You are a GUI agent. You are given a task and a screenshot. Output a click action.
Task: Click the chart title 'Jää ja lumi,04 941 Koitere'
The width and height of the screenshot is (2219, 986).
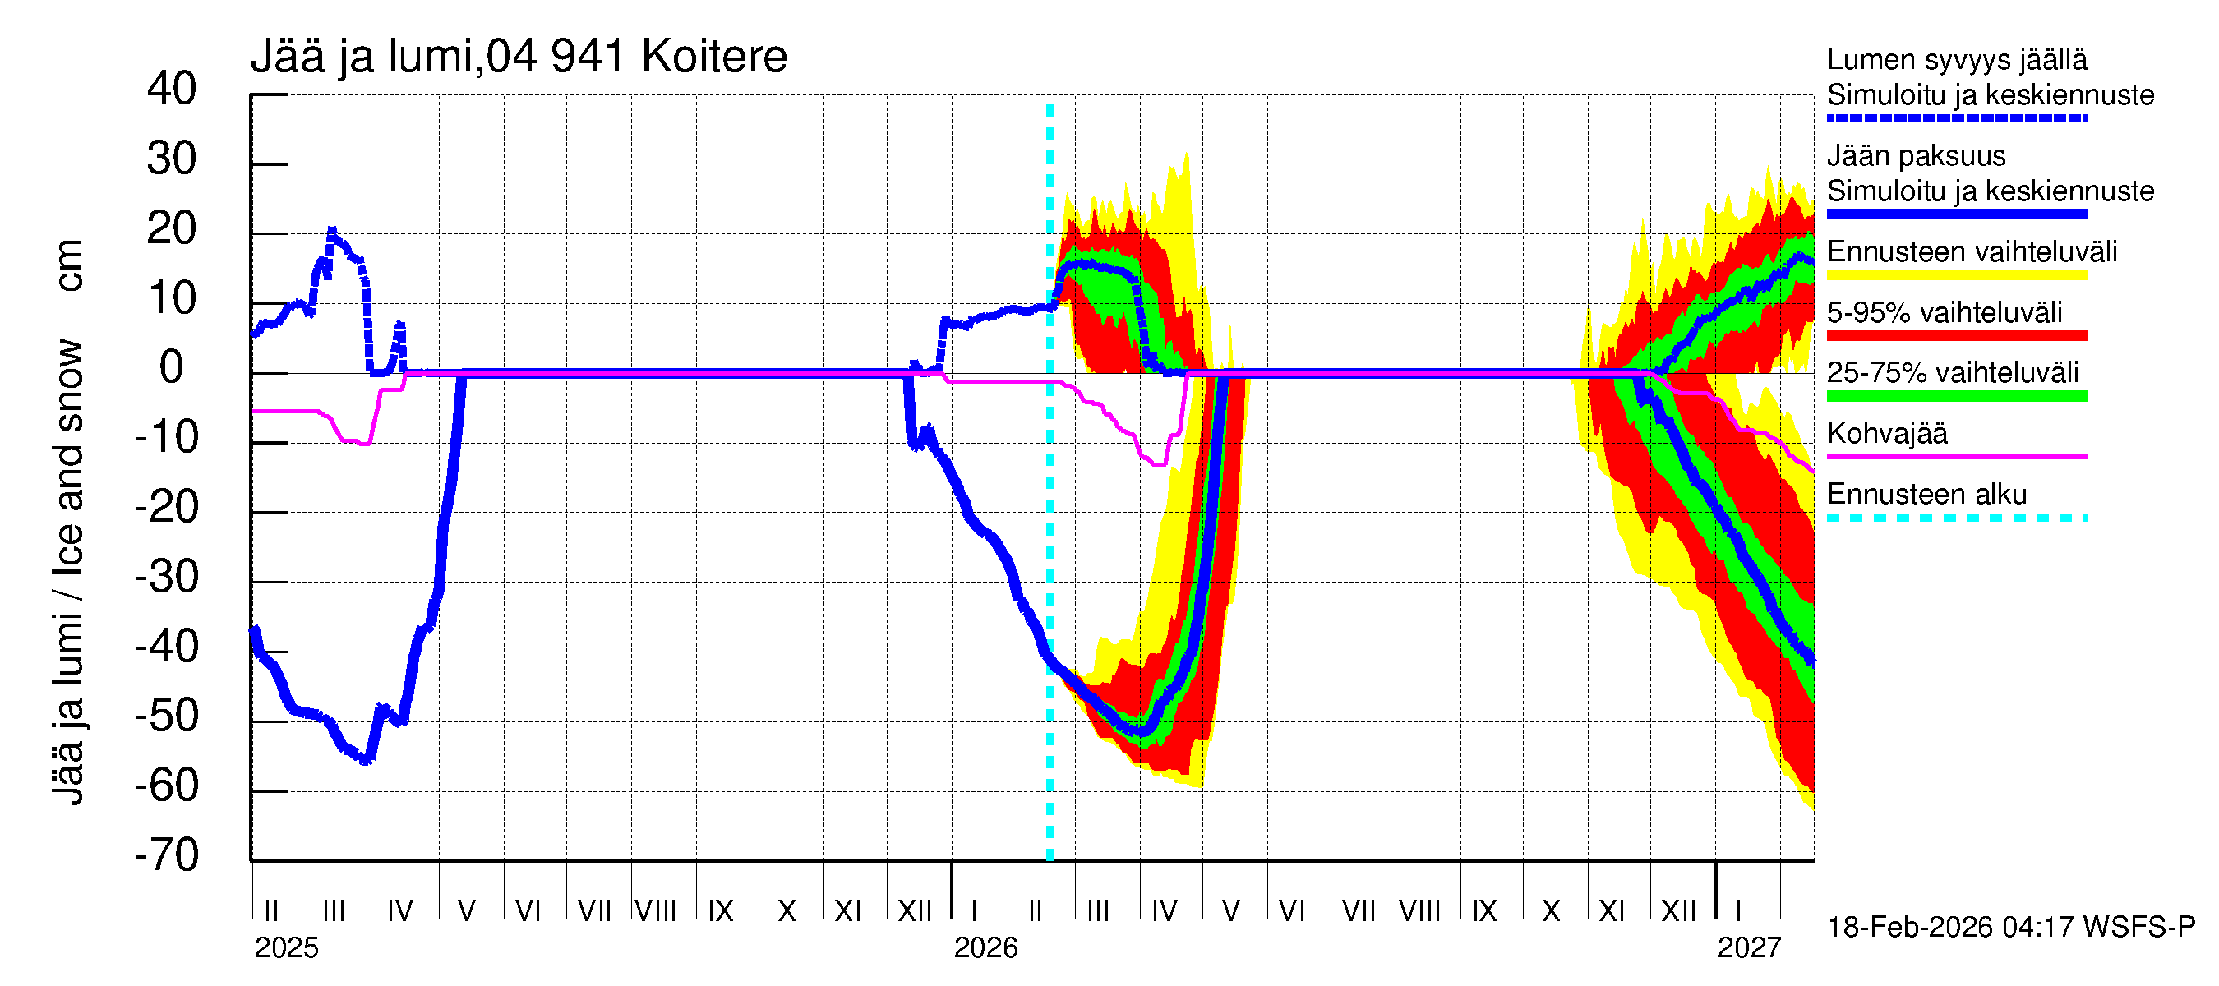(x=519, y=57)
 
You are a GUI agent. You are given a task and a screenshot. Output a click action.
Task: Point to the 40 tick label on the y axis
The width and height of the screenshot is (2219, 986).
(x=172, y=89)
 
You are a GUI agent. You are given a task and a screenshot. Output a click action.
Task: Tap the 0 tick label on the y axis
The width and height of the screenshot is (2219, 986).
(x=172, y=368)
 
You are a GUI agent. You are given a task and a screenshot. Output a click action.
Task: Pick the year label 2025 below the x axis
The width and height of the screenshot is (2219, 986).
(x=286, y=948)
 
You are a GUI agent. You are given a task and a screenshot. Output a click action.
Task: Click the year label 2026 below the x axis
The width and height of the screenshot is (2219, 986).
(x=985, y=948)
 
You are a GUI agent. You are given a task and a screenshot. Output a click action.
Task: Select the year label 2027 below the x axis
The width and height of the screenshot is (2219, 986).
(x=1749, y=948)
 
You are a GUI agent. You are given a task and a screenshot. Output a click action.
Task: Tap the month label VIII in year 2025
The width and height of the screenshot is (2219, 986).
(x=656, y=911)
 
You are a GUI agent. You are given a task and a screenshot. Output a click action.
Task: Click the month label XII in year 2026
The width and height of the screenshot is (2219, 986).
(x=1678, y=911)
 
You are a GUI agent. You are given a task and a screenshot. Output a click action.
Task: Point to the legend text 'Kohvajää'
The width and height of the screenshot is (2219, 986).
(x=1886, y=433)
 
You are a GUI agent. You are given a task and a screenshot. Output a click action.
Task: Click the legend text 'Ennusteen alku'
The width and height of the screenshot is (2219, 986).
(x=1927, y=495)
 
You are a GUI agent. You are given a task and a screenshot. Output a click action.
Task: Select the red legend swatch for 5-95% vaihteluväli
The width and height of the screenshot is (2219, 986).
(x=1956, y=336)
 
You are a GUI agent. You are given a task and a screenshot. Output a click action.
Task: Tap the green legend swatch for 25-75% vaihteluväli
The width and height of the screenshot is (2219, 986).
(x=1956, y=396)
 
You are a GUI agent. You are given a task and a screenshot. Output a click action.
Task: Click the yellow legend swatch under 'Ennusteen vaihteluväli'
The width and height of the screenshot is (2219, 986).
(x=1956, y=275)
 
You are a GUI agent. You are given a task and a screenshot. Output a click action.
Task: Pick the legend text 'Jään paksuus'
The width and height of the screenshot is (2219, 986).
(x=1916, y=156)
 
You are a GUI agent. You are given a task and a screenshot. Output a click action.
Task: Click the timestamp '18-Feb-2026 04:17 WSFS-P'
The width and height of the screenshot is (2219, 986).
(x=2010, y=928)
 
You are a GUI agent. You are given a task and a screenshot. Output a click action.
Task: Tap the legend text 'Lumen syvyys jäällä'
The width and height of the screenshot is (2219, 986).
(x=1956, y=60)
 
